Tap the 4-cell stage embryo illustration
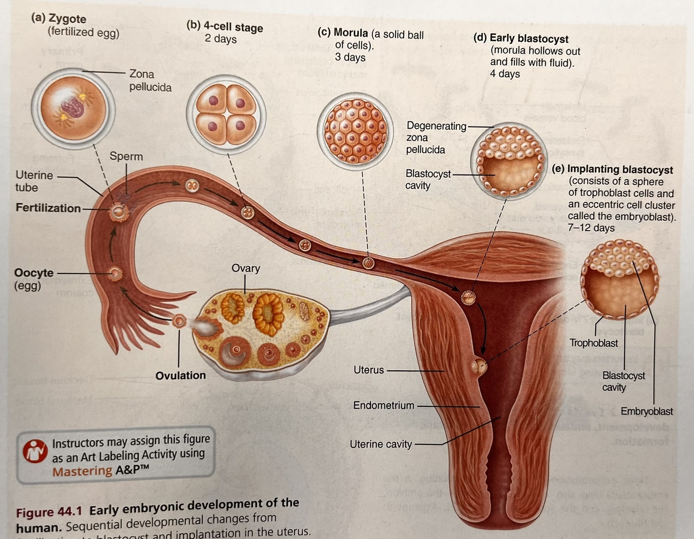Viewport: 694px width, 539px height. pos(226,114)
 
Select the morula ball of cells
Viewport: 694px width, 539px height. pos(356,131)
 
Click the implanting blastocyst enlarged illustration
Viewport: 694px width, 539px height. pos(619,279)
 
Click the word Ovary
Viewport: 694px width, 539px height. pos(246,268)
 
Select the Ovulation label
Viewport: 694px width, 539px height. pos(181,375)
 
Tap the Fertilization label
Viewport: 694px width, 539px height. pos(48,208)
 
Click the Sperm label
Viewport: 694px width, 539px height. pos(126,156)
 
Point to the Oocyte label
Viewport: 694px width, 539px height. pos(34,273)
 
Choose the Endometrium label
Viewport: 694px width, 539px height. pos(383,405)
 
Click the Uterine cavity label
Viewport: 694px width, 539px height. pos(380,444)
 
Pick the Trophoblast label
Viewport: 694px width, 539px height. pos(594,343)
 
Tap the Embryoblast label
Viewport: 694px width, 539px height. pos(647,411)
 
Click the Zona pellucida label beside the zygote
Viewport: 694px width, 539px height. pos(150,81)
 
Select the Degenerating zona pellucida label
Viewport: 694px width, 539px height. pos(436,137)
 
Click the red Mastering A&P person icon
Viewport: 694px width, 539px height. pos(35,451)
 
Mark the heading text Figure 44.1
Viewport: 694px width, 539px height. pos(50,512)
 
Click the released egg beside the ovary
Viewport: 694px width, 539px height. pos(179,321)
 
